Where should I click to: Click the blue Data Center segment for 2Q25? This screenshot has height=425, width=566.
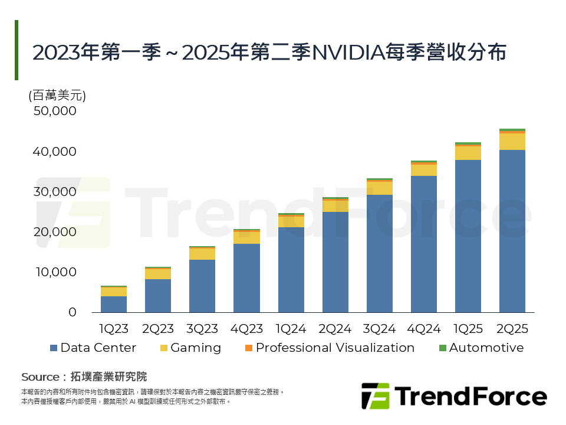pyautogui.click(x=512, y=231)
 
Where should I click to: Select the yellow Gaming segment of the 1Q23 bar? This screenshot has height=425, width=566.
pyautogui.click(x=114, y=291)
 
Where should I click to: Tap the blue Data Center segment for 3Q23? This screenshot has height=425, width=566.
pyautogui.click(x=202, y=286)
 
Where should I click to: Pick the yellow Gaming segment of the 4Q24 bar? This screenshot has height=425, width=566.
pyautogui.click(x=423, y=170)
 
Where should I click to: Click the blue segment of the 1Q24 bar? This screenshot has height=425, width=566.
pyautogui.click(x=291, y=269)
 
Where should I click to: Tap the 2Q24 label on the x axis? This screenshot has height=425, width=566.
pyautogui.click(x=335, y=329)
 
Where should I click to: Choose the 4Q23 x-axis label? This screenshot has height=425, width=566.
pyautogui.click(x=246, y=329)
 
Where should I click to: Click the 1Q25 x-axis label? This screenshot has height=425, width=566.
pyautogui.click(x=468, y=329)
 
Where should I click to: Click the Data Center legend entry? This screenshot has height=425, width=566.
pyautogui.click(x=98, y=348)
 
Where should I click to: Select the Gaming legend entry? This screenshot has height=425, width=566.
pyautogui.click(x=195, y=348)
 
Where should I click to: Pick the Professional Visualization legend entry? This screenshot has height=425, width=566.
pyautogui.click(x=334, y=348)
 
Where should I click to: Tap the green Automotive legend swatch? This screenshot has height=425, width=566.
pyautogui.click(x=442, y=348)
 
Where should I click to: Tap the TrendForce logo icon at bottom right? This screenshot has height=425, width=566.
pyautogui.click(x=375, y=395)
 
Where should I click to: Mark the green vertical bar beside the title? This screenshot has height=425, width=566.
pyautogui.click(x=17, y=50)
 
